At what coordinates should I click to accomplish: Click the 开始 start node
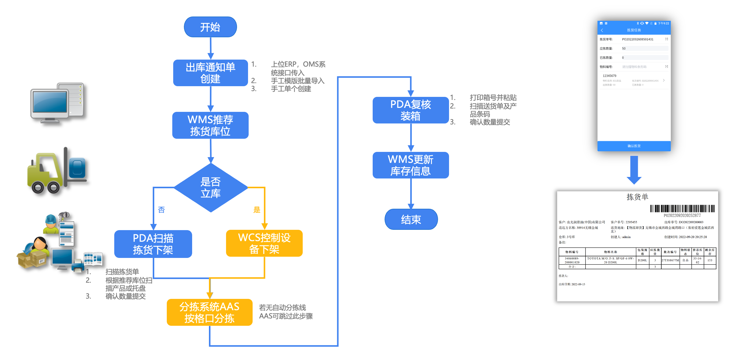(x=210, y=27)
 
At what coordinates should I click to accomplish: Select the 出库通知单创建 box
(x=210, y=73)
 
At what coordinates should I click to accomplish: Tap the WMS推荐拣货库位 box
(x=210, y=125)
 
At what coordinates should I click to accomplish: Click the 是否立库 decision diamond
(x=210, y=188)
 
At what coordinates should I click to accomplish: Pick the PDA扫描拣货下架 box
(x=153, y=244)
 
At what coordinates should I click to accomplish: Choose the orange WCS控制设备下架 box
(x=264, y=243)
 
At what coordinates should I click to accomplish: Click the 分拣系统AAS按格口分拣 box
(x=210, y=312)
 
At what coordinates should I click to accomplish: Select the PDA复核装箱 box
(x=411, y=110)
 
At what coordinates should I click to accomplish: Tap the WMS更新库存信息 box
(x=411, y=165)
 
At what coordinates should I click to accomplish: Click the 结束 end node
(x=411, y=219)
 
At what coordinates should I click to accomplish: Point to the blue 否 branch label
(x=161, y=210)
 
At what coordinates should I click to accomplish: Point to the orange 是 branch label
(x=257, y=210)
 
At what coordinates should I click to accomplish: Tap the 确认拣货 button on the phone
(x=634, y=146)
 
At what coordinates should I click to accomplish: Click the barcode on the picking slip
(x=682, y=209)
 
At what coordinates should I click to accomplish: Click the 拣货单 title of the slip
(x=637, y=197)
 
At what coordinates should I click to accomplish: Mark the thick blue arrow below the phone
(x=634, y=170)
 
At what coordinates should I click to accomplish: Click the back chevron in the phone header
(x=602, y=30)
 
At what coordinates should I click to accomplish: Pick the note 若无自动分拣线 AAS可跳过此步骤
(x=286, y=312)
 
